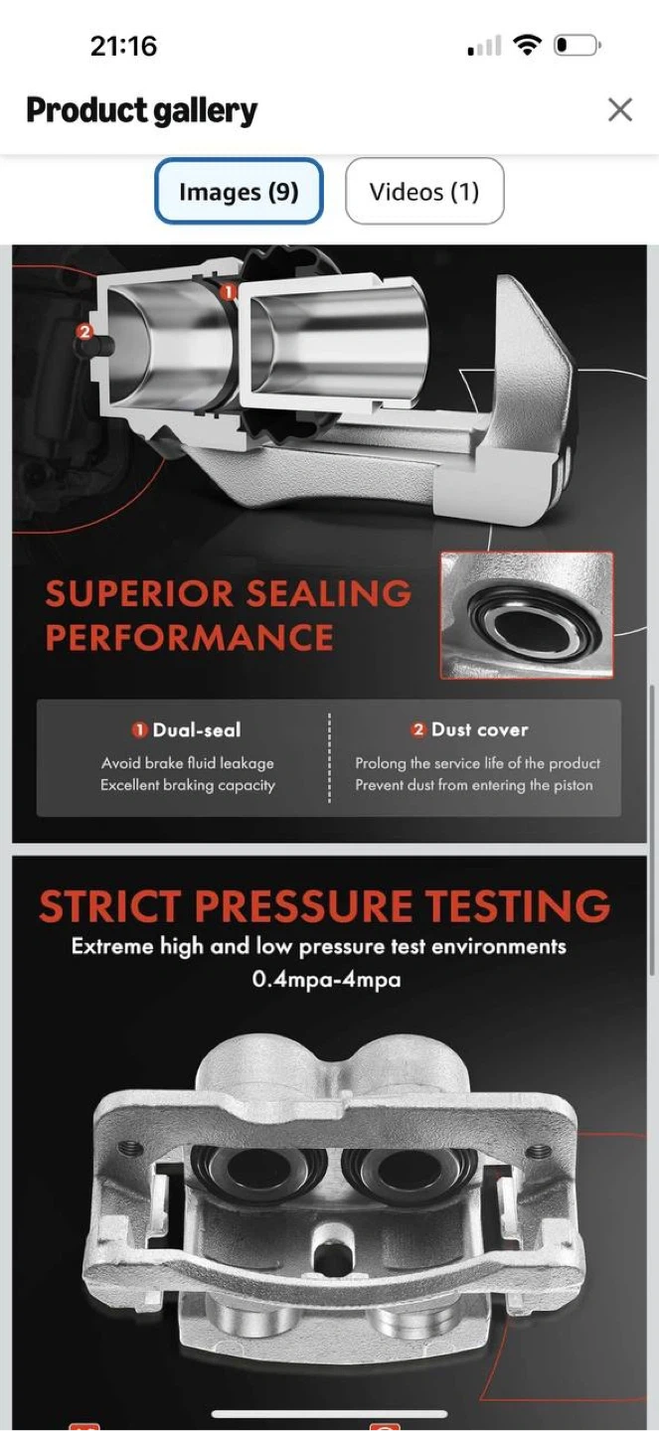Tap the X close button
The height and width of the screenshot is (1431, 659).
pyautogui.click(x=620, y=110)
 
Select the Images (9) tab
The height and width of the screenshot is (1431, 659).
pyautogui.click(x=239, y=191)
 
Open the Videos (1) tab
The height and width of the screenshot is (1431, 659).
pyautogui.click(x=424, y=191)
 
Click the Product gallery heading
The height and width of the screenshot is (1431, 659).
pyautogui.click(x=142, y=110)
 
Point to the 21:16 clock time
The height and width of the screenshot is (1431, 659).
pyautogui.click(x=123, y=46)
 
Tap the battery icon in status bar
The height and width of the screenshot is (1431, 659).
pyautogui.click(x=577, y=46)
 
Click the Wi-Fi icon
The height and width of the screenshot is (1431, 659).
pyautogui.click(x=528, y=46)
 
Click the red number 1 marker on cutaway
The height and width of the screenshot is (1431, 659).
pyautogui.click(x=227, y=292)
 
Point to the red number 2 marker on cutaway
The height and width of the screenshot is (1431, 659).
pyautogui.click(x=84, y=331)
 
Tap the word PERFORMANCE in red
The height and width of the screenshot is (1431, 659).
pyautogui.click(x=189, y=637)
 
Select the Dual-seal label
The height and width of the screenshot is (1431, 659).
pyautogui.click(x=196, y=729)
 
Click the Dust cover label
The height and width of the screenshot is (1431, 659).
pyautogui.click(x=479, y=729)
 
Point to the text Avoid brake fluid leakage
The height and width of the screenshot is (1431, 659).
pyautogui.click(x=187, y=763)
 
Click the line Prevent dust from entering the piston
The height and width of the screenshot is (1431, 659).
pyautogui.click(x=474, y=784)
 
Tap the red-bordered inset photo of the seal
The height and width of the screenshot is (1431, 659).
pyautogui.click(x=527, y=615)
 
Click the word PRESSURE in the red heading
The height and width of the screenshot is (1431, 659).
pyautogui.click(x=303, y=906)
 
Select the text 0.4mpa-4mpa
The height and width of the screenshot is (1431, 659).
pyautogui.click(x=327, y=979)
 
